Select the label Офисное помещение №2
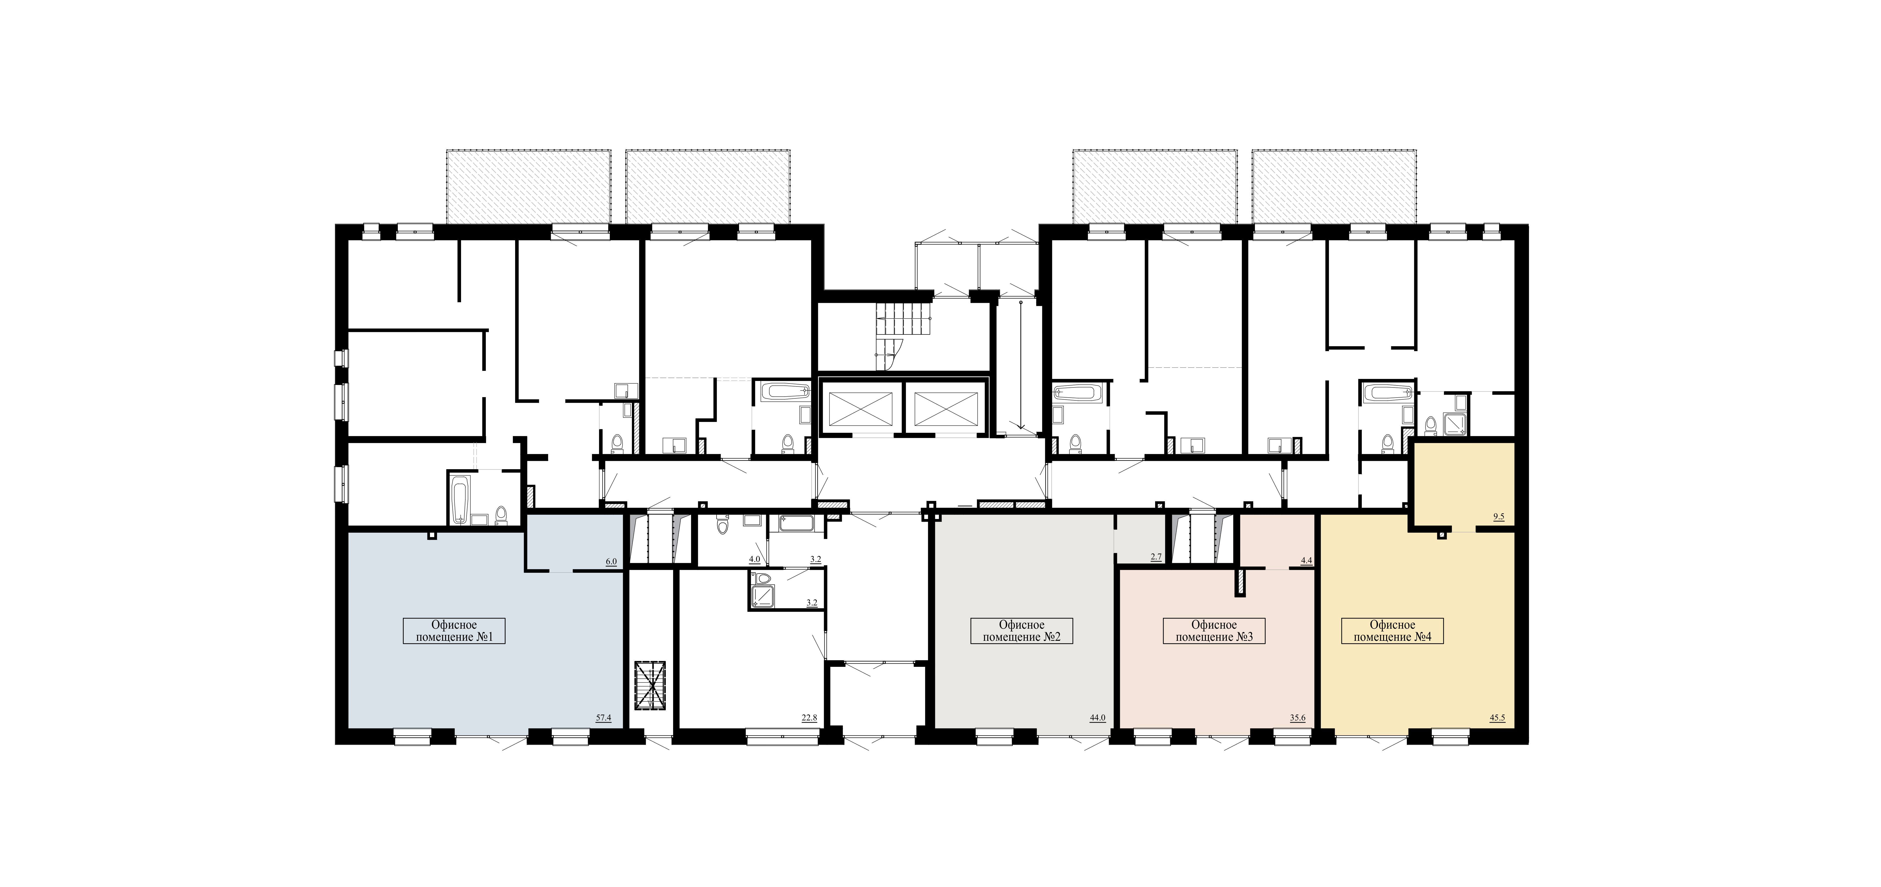[x=1021, y=631]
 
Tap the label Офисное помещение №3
[x=1213, y=631]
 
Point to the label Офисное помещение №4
[x=1392, y=631]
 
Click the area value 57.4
[x=603, y=718]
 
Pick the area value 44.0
[x=1097, y=718]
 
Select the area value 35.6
[x=1298, y=718]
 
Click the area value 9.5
[x=1499, y=516]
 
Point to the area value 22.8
[x=809, y=718]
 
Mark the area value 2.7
[x=1156, y=557]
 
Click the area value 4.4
[x=1306, y=561]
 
